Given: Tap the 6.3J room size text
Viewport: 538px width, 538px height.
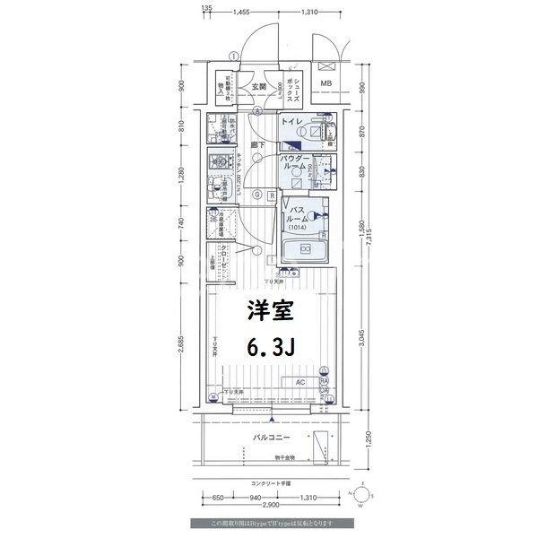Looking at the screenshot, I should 269,348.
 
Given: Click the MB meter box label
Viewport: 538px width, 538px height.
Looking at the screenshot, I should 325,85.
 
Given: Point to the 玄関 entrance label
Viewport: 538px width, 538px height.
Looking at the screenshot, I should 259,87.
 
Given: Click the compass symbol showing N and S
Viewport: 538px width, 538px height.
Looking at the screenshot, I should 362,494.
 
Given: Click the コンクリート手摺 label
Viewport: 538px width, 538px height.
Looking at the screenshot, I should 269,482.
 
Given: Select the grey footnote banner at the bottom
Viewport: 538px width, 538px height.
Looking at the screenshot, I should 270,523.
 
